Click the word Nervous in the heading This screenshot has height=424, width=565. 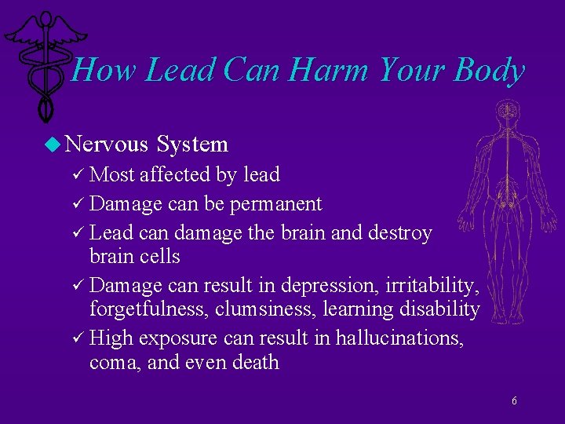107,144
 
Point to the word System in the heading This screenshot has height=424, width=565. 192,144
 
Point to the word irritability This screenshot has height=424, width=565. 441,286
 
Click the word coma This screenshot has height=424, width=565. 115,362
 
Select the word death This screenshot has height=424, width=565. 257,362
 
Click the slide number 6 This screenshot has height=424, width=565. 514,401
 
